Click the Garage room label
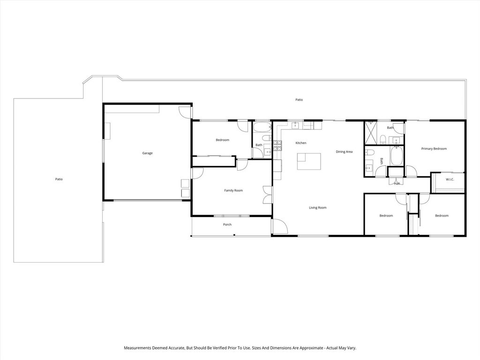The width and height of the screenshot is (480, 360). tap(147, 153)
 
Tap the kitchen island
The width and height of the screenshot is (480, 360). tap(308, 162)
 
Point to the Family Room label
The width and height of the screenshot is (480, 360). tap(233, 190)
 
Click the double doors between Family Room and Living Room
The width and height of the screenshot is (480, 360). tap(267, 195)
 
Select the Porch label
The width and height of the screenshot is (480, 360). tap(227, 225)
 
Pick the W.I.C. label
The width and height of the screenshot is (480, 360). tap(450, 179)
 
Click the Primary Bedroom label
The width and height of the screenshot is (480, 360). tap(434, 149)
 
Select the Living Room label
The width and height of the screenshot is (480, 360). tap(317, 208)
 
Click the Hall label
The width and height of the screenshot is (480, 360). tap(397, 183)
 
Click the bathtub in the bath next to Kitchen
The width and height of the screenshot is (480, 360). tap(262, 127)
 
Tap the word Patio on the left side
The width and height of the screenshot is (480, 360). tap(59, 179)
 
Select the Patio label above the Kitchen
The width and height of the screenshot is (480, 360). tap(299, 99)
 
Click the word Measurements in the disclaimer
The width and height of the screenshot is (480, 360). tap(139, 348)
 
